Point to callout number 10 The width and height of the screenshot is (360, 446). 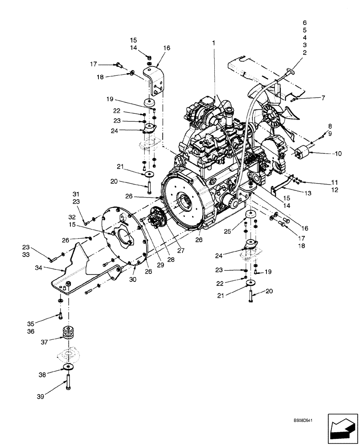click(338, 153)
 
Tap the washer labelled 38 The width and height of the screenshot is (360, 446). click(69, 367)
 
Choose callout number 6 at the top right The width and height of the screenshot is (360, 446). click(304, 22)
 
